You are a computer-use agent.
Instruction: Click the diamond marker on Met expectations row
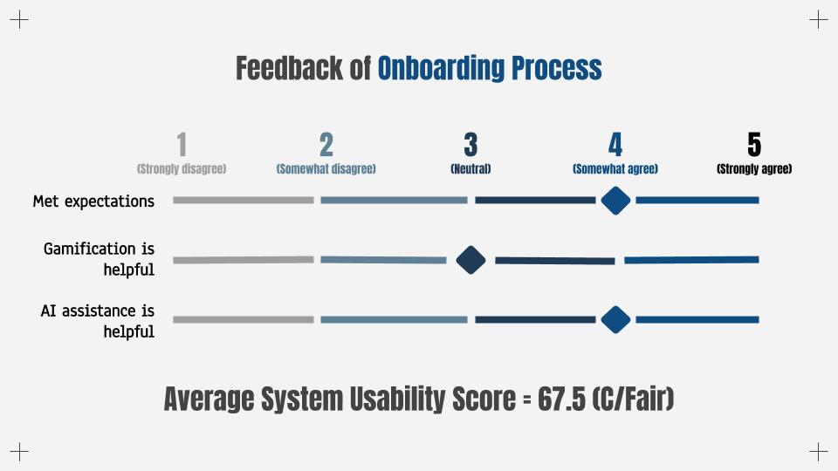(x=615, y=201)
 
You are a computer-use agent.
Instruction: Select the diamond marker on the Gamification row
(x=471, y=260)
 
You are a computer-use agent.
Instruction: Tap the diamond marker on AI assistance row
(x=615, y=320)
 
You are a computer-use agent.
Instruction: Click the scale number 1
(x=182, y=145)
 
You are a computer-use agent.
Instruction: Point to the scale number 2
(x=326, y=145)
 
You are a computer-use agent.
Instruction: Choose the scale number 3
(x=471, y=145)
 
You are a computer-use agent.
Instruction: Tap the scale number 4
(x=615, y=145)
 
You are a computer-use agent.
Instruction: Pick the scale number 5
(x=754, y=145)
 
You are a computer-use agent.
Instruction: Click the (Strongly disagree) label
(x=182, y=169)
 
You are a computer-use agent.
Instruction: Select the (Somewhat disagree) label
(x=326, y=169)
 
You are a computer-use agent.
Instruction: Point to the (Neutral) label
(x=471, y=169)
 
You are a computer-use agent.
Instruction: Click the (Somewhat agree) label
(x=615, y=169)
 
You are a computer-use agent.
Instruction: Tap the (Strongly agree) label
(x=754, y=169)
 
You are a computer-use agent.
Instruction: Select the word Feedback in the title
(x=289, y=68)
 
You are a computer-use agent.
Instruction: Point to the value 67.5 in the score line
(x=561, y=399)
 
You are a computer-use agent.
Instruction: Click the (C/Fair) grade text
(x=634, y=399)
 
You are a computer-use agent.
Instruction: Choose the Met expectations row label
(x=93, y=201)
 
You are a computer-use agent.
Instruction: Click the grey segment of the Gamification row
(x=244, y=260)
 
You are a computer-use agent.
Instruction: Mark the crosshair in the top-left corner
(x=19, y=20)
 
